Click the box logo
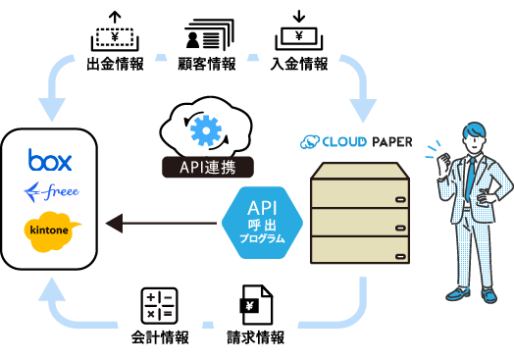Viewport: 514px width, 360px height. click(50, 160)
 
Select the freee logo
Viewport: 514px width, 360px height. click(52, 192)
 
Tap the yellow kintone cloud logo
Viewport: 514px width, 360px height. click(51, 231)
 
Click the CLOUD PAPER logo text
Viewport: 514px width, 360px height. click(356, 142)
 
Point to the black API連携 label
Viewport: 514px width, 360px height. click(208, 167)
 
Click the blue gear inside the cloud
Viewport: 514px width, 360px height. click(206, 130)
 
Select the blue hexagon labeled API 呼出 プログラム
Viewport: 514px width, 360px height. click(262, 223)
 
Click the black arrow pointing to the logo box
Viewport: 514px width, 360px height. click(161, 224)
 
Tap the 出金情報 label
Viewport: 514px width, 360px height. click(115, 64)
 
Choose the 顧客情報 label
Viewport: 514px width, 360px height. click(207, 64)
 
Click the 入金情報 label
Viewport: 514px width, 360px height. click(299, 64)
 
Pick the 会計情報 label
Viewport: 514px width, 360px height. click(160, 337)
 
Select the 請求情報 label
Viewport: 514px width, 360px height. click(256, 337)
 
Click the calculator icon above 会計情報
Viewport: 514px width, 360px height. click(159, 306)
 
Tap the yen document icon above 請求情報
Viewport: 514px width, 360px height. click(256, 305)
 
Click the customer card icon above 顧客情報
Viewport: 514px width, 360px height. click(209, 34)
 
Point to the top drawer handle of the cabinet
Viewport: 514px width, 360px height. click(400, 199)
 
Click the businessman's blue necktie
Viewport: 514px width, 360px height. click(471, 179)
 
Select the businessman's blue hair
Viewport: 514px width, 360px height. click(475, 130)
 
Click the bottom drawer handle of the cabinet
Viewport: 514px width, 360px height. click(400, 256)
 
